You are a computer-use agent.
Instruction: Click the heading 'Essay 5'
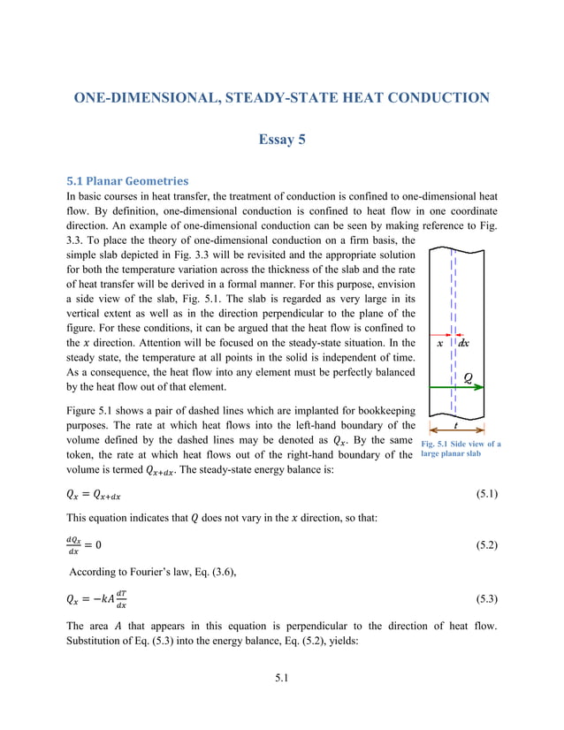[x=282, y=140]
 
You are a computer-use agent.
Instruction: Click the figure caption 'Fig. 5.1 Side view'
[x=461, y=445]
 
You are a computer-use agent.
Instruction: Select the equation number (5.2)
[x=482, y=545]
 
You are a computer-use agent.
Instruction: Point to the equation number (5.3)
[x=482, y=598]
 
